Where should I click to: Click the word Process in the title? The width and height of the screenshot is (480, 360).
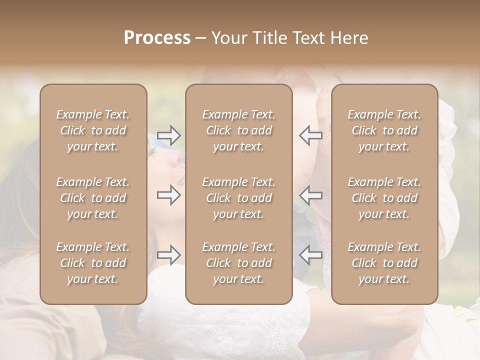(157, 38)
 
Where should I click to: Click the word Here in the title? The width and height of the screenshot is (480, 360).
(349, 38)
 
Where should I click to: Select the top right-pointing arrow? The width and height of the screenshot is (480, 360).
(169, 135)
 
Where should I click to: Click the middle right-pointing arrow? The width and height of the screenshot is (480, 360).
(169, 195)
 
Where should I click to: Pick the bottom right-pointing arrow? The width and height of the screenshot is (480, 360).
(169, 255)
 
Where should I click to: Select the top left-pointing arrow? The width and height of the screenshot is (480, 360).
(310, 135)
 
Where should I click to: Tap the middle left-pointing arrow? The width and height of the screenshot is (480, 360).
(310, 195)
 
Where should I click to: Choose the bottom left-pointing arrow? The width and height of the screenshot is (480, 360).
(310, 255)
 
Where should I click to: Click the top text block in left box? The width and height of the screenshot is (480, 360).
(93, 130)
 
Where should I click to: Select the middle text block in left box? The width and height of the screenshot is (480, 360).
(93, 198)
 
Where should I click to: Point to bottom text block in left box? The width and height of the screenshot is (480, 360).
(93, 263)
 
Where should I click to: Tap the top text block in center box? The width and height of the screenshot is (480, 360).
(239, 130)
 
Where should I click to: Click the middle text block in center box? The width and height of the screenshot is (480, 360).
(239, 198)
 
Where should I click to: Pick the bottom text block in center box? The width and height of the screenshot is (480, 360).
(239, 263)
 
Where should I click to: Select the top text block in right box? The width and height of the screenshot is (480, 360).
(384, 130)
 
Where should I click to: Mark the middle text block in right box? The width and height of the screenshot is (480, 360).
(384, 198)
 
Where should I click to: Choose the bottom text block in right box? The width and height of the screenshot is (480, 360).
(384, 263)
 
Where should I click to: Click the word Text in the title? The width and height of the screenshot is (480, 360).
(309, 38)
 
